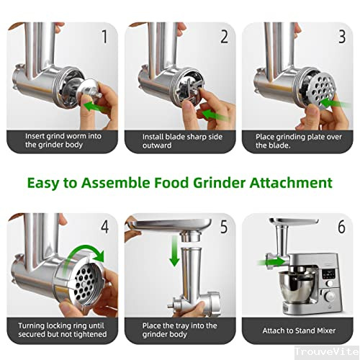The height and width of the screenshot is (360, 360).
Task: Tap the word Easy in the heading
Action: pyautogui.click(x=45, y=182)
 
